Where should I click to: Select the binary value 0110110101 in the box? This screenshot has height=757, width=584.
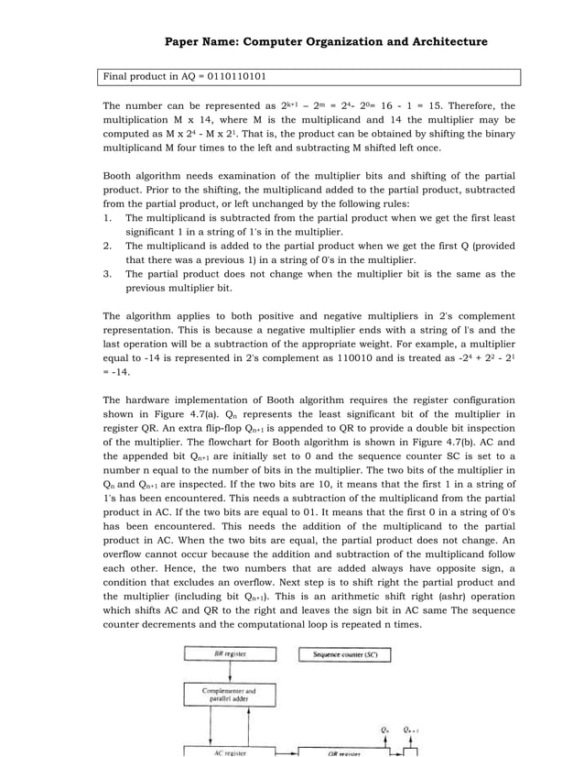(x=230, y=76)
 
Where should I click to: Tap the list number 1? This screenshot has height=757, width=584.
(x=107, y=218)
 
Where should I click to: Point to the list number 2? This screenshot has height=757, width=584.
(x=107, y=246)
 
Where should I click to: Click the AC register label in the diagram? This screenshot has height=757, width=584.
(x=229, y=752)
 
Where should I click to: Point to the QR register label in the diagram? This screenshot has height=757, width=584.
(x=345, y=752)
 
